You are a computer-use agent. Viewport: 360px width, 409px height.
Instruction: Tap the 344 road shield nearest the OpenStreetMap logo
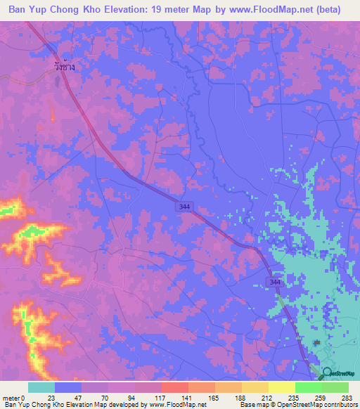pyautogui.click(x=274, y=281)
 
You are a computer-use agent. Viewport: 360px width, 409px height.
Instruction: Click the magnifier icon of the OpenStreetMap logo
pyautogui.click(x=327, y=374)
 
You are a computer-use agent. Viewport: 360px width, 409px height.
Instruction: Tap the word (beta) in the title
pyautogui.click(x=327, y=8)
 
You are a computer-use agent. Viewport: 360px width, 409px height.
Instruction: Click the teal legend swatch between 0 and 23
pyautogui.click(x=41, y=387)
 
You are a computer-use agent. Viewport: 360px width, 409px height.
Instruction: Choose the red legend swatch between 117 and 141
pyautogui.click(x=174, y=387)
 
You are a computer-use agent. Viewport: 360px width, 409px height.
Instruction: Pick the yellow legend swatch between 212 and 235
pyautogui.click(x=255, y=387)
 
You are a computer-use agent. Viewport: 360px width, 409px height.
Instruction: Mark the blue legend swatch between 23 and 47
pyautogui.click(x=68, y=387)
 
